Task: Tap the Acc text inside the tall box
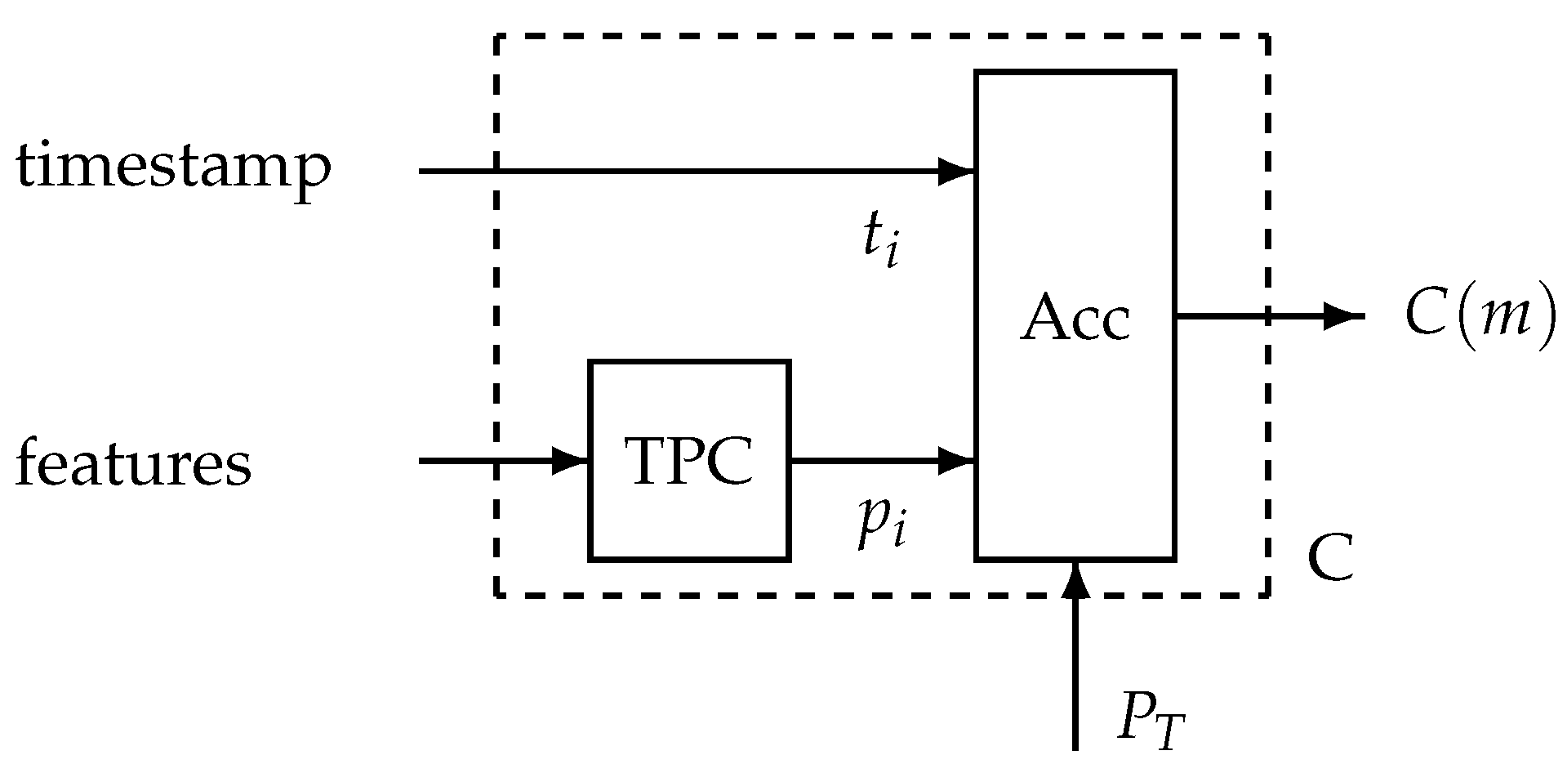[x=1075, y=318]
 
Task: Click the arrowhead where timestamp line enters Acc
[x=955, y=171]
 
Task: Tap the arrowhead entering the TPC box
[x=570, y=461]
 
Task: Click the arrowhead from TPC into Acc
[x=955, y=461]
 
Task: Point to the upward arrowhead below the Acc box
[x=1075, y=581]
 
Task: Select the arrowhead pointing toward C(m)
[x=1341, y=315]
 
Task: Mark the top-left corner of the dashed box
[x=496, y=37]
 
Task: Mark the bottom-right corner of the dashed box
[x=1267, y=595]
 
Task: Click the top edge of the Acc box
[x=1075, y=73]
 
